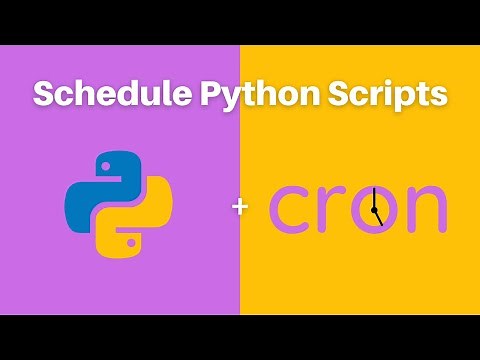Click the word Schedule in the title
101,94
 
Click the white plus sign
239,207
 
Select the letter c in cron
291,207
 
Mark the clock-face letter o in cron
374,207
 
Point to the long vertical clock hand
373,197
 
